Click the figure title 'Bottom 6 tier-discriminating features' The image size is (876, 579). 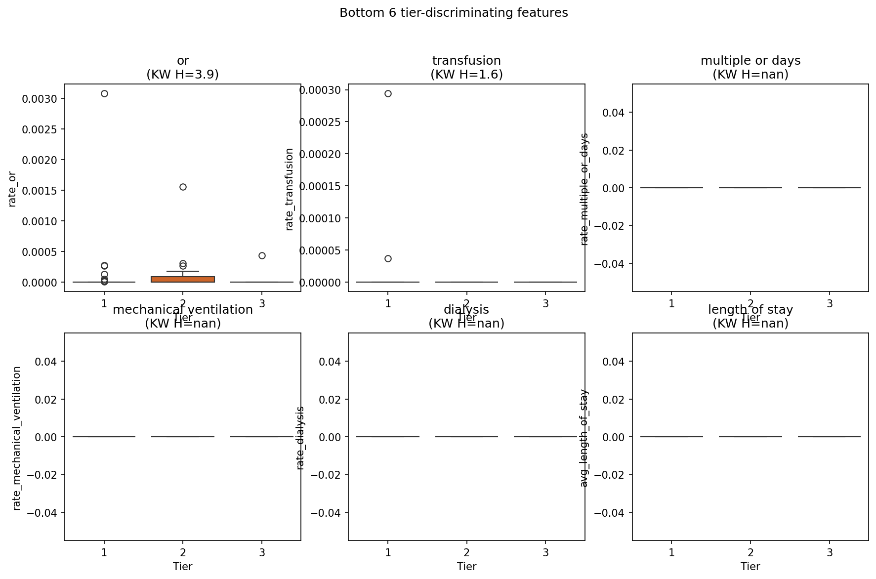454,13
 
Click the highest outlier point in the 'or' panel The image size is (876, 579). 104,93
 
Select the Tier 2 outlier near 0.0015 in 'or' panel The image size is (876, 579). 183,187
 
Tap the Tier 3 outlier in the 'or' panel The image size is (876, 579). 262,255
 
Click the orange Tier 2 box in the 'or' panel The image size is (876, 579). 183,279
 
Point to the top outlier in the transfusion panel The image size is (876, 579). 388,93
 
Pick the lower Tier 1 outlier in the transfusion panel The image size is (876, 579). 388,258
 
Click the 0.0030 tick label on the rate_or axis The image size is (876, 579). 37,99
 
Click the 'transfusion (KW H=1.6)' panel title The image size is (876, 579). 466,67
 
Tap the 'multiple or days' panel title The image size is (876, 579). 750,61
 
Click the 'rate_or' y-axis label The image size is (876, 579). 12,189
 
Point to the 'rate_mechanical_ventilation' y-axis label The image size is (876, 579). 17,438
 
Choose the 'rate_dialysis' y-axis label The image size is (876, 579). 300,438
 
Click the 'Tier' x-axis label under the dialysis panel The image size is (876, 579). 466,566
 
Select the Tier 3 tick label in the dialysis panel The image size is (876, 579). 545,552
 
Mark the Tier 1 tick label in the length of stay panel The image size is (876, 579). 671,552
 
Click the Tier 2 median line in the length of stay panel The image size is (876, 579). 750,437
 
